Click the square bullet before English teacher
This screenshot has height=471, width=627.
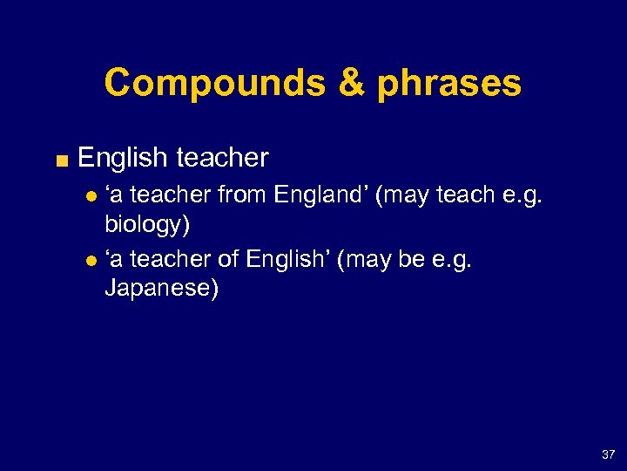[x=59, y=159]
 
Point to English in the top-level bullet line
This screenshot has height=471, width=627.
[x=122, y=158]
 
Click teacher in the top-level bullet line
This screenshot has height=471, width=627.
[x=222, y=158]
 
